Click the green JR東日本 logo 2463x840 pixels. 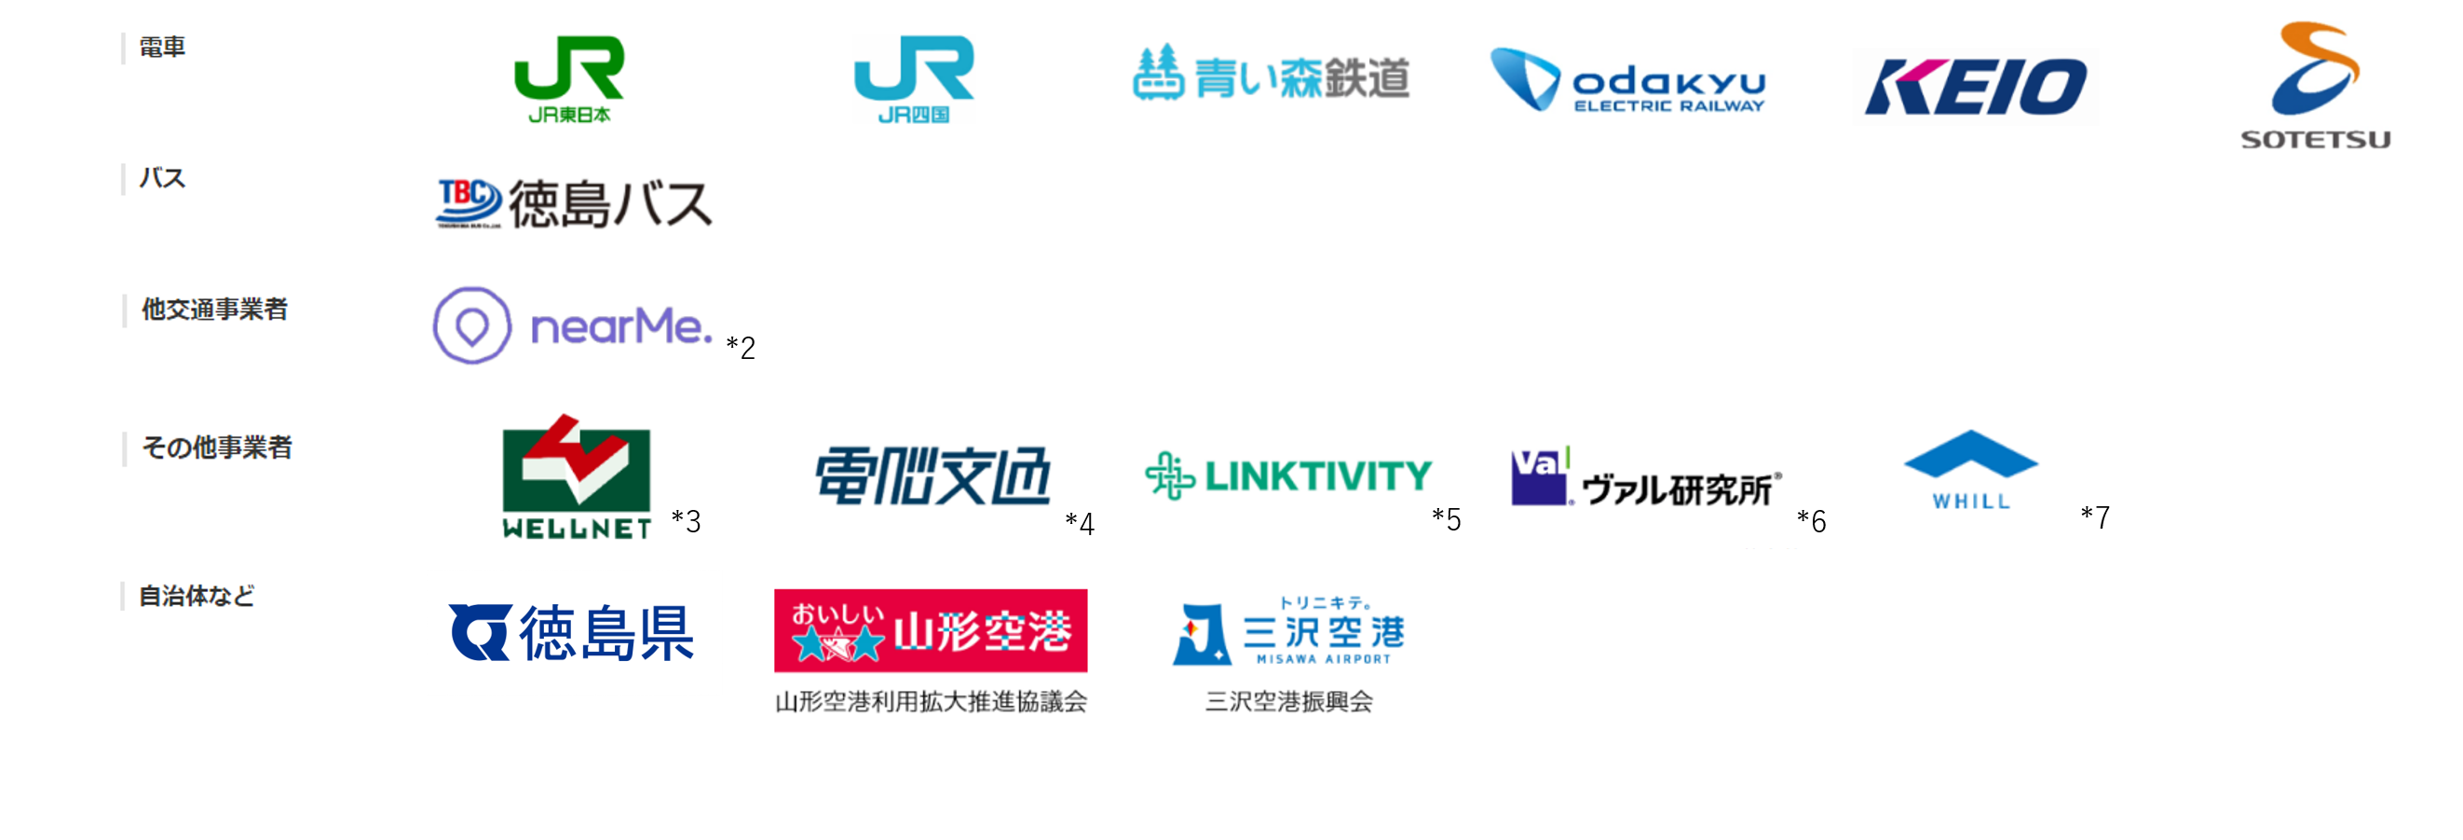click(569, 80)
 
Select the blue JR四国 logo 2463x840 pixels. click(913, 80)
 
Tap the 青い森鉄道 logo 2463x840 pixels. click(1271, 75)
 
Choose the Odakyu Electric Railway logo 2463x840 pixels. click(1628, 81)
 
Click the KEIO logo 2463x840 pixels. click(1976, 87)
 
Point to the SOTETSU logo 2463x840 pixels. click(2315, 86)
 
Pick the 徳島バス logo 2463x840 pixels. click(574, 203)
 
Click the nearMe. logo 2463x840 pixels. click(572, 326)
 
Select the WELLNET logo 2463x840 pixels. click(577, 477)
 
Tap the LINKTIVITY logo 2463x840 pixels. click(1288, 475)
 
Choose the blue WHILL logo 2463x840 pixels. click(1970, 470)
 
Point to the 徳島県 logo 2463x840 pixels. click(572, 632)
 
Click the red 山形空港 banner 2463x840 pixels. click(931, 630)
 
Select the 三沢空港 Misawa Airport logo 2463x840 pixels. click(1289, 631)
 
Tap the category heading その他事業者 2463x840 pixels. click(216, 448)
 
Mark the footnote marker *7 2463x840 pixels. click(2095, 517)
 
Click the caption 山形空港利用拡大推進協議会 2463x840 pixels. click(931, 702)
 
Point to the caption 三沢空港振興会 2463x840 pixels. click(1289, 702)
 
